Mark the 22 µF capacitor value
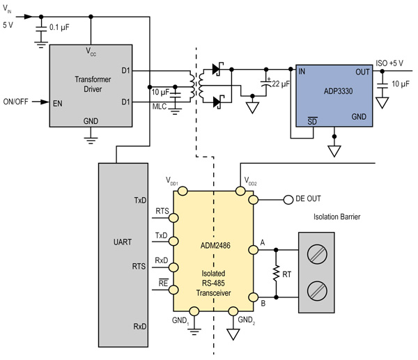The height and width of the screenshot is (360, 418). pos(282,84)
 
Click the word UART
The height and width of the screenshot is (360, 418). pos(122,243)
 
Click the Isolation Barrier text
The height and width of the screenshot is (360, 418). pos(336,217)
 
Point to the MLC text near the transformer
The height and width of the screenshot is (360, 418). pos(159,107)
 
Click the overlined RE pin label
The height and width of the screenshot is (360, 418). pos(162,284)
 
